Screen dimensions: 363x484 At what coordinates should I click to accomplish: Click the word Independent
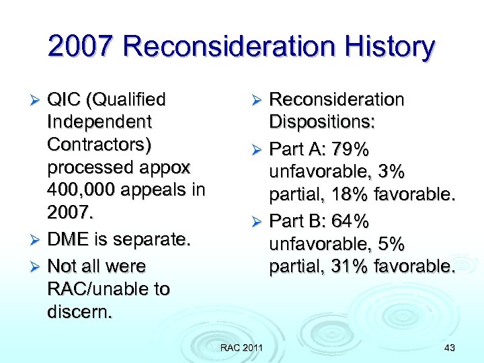(x=99, y=122)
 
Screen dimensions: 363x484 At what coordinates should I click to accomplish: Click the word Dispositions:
(x=322, y=122)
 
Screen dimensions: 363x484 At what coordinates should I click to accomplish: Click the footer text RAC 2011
(x=242, y=347)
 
